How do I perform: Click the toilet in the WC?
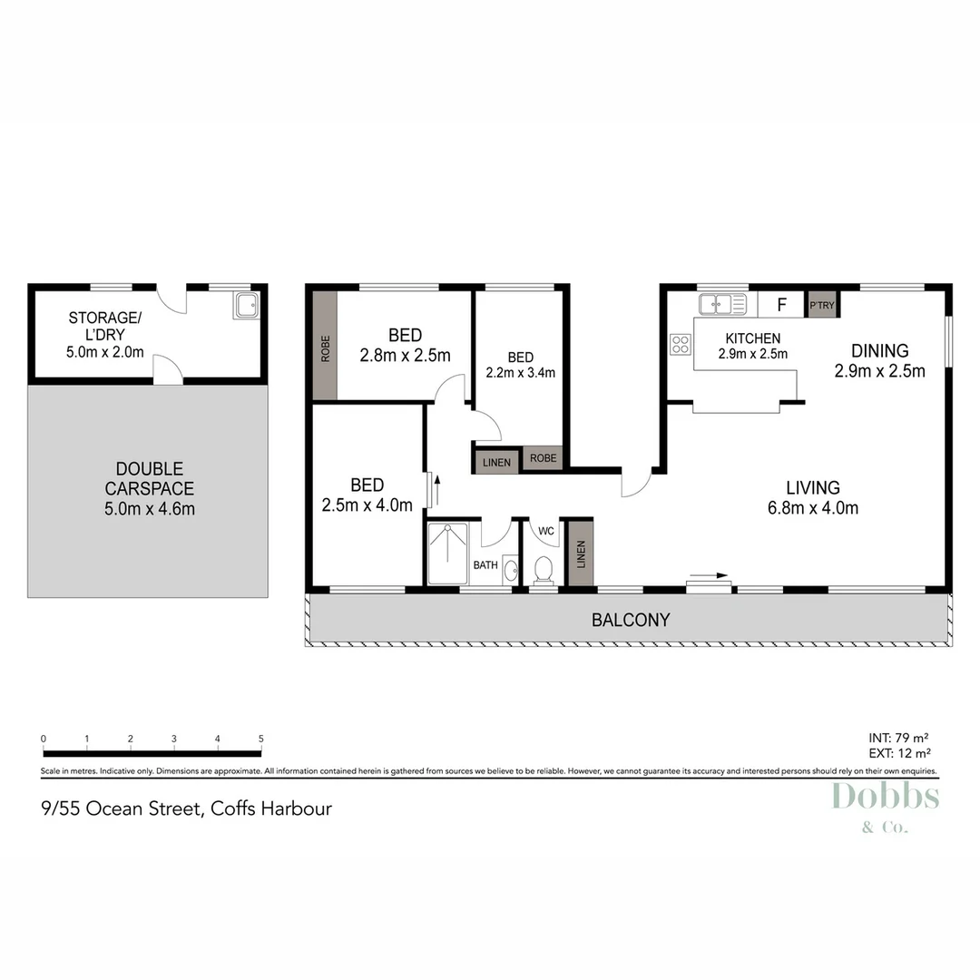pos(544,570)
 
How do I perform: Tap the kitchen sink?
pos(721,304)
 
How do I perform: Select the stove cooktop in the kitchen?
pos(680,344)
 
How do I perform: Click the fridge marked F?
pos(781,305)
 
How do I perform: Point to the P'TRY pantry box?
pos(821,305)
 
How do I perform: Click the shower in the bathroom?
pos(447,553)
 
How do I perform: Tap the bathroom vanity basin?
pos(510,571)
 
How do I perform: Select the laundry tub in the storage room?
pos(247,305)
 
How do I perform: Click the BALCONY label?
pos(631,621)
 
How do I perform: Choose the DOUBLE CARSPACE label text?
pos(150,479)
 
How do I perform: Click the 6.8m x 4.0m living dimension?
pos(813,508)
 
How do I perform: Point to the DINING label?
pos(879,351)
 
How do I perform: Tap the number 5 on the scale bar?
pos(261,739)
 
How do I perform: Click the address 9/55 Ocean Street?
pos(187,808)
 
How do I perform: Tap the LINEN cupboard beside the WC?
pos(580,554)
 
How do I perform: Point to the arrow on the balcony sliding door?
pos(709,575)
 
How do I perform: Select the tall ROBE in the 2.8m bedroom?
pos(325,345)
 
